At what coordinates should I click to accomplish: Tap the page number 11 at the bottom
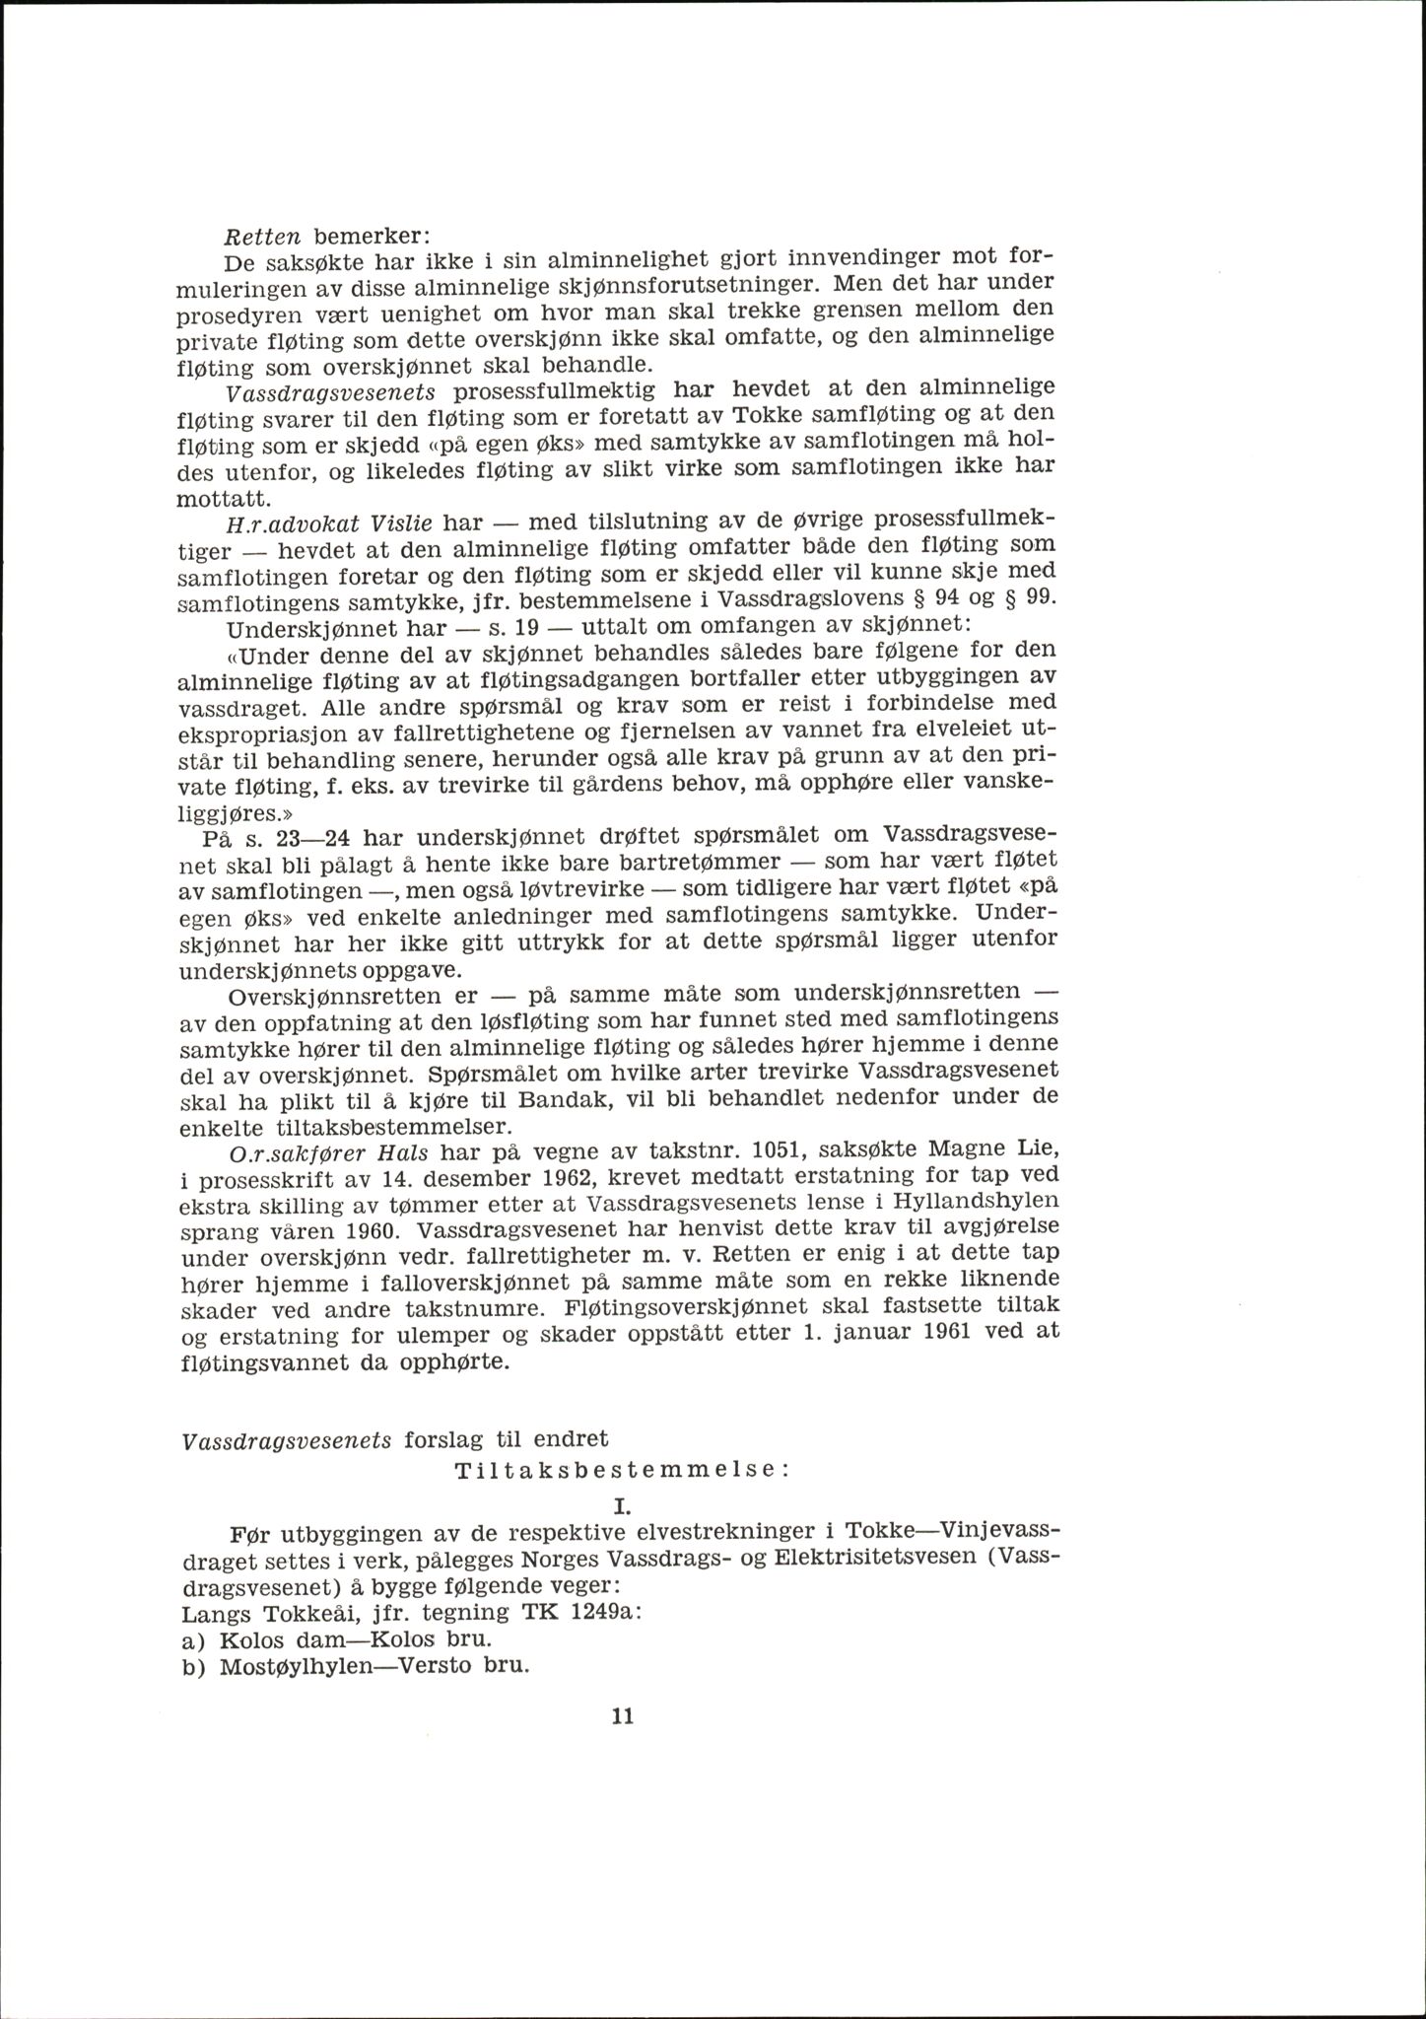pos(621,1716)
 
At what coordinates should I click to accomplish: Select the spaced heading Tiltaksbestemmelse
pos(622,1497)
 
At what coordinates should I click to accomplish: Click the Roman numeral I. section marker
pos(621,1534)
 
